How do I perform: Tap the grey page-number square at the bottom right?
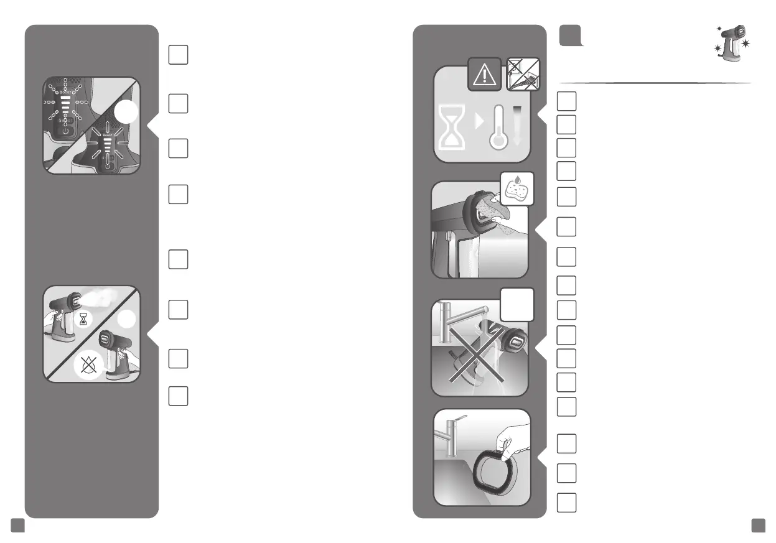(x=758, y=526)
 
